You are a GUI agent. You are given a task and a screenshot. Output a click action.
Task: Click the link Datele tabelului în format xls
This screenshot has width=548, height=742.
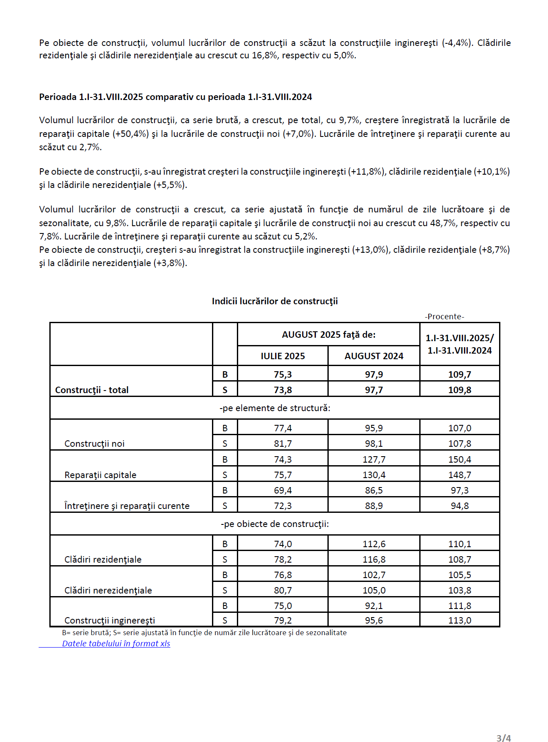(x=116, y=644)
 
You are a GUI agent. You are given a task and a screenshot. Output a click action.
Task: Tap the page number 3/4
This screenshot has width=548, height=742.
(x=503, y=738)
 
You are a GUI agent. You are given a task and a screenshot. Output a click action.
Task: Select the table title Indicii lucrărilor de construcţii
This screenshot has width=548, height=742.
(x=275, y=301)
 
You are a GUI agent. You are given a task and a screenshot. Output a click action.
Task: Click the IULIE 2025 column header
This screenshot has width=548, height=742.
(x=283, y=356)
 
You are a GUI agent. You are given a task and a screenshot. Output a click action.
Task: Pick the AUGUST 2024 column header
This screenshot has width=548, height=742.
(x=374, y=356)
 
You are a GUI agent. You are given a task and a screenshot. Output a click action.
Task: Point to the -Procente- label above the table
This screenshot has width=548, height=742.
(x=445, y=317)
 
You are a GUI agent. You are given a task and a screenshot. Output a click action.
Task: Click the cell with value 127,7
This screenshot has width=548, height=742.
(x=374, y=460)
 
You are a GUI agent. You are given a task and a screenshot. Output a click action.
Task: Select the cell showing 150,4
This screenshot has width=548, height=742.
(x=460, y=460)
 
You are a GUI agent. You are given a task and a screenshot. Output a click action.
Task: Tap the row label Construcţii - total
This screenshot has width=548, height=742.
(x=92, y=390)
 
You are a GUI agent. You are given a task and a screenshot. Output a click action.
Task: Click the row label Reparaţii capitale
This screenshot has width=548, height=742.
(x=100, y=475)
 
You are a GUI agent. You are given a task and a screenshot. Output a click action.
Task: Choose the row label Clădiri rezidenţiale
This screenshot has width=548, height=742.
(x=103, y=560)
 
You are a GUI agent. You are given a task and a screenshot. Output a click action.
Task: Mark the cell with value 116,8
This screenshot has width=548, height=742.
(x=374, y=560)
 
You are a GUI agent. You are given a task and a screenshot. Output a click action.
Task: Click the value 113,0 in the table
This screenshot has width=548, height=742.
(x=460, y=621)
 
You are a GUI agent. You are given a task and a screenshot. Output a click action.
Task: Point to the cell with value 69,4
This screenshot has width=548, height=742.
(x=283, y=491)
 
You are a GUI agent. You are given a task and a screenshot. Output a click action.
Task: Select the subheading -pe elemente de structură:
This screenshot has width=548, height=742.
(x=275, y=408)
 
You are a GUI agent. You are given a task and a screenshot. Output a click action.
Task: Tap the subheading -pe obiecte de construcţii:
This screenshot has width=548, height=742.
(x=275, y=524)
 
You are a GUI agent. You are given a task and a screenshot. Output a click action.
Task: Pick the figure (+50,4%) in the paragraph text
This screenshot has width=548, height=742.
(x=131, y=134)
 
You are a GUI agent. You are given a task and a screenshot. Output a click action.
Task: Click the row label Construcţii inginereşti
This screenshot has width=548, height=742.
(x=110, y=621)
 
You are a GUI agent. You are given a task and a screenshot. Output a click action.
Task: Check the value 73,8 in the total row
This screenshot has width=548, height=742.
(x=283, y=390)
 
